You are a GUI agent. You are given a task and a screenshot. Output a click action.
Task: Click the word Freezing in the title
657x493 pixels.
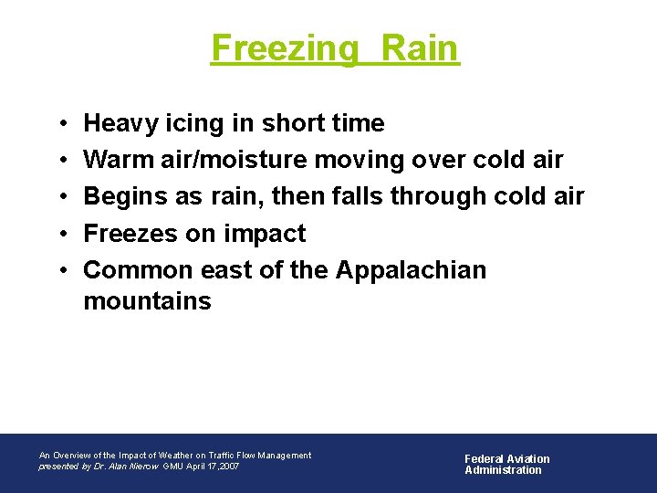point(285,48)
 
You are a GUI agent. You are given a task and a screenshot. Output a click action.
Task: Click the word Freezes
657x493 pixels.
point(130,234)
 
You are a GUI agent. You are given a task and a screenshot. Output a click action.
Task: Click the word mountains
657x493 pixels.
point(147,300)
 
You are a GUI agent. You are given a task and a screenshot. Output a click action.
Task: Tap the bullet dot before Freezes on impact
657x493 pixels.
point(57,235)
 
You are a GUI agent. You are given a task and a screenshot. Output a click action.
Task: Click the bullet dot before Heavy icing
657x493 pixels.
point(57,124)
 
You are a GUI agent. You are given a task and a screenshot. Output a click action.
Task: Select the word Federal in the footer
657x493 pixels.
point(485,459)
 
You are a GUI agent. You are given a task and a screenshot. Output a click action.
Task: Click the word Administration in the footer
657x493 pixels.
point(503,470)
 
